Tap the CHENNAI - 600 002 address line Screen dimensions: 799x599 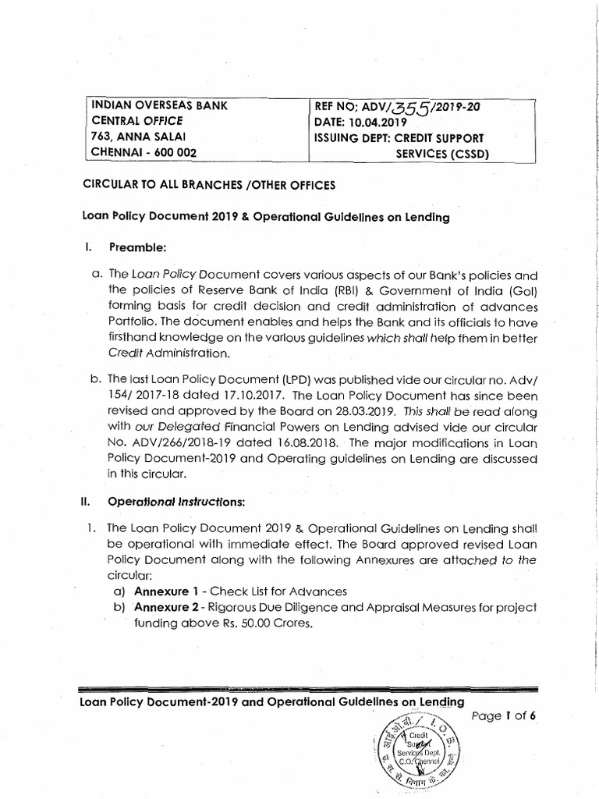coord(144,153)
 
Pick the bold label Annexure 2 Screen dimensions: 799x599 coord(165,607)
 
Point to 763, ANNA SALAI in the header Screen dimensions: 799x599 coord(135,137)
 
